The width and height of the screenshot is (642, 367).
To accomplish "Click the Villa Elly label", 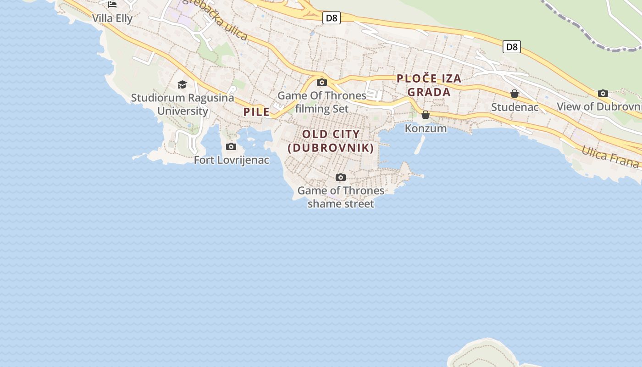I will click(112, 18).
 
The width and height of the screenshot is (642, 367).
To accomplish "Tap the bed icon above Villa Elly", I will click(112, 5).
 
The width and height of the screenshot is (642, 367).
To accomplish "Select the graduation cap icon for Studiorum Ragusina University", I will click(182, 84).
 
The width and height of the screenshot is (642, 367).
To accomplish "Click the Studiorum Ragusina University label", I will click(183, 104).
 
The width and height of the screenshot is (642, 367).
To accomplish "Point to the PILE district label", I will click(256, 112).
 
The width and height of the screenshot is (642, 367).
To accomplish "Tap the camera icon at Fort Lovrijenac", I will click(231, 147).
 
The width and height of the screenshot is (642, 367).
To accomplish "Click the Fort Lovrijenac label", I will click(231, 160).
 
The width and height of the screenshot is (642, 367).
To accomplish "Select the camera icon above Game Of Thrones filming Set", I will click(322, 83).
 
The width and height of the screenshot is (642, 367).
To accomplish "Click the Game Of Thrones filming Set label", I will click(322, 102).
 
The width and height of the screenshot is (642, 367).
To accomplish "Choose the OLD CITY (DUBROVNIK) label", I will click(331, 141).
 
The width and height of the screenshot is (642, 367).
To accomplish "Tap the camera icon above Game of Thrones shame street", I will click(340, 178).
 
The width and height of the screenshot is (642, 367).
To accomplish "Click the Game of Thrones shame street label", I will click(341, 197).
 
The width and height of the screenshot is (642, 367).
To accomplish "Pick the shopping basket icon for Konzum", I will click(426, 115).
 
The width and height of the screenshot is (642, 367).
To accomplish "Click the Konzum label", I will click(426, 128).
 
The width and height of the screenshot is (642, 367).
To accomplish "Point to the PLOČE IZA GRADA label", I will click(429, 85).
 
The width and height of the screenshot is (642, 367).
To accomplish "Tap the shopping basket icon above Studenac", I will click(515, 94).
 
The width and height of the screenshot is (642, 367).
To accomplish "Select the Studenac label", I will click(515, 107).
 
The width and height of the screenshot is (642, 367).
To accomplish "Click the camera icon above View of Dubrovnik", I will click(603, 94).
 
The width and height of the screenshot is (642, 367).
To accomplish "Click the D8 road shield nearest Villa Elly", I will click(331, 18).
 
